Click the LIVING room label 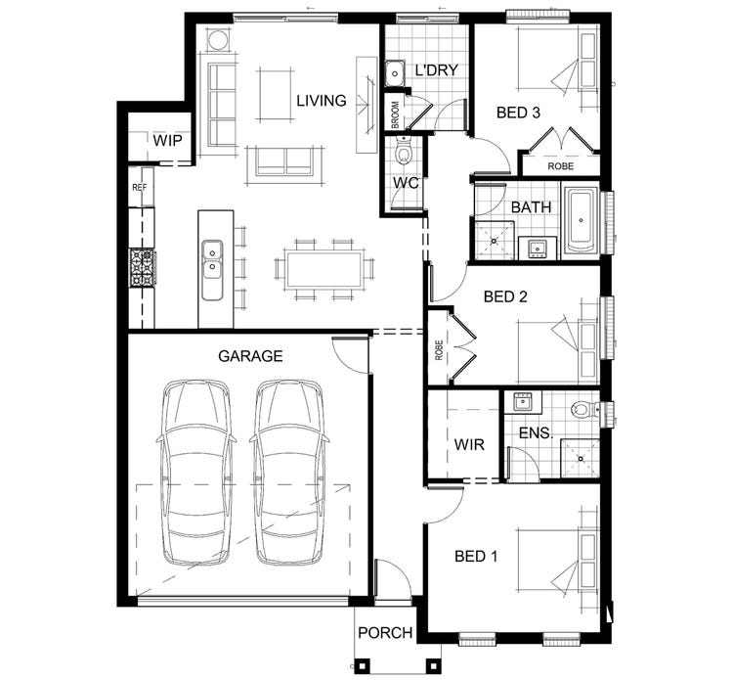click(x=323, y=101)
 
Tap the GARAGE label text click(x=250, y=356)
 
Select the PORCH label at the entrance click(x=384, y=633)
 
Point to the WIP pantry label click(x=166, y=141)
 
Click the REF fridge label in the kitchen click(x=139, y=186)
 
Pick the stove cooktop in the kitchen click(x=142, y=267)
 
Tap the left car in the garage click(x=196, y=471)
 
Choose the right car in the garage click(x=289, y=471)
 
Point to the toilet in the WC click(x=403, y=153)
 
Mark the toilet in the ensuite click(x=584, y=409)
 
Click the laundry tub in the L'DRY click(x=394, y=72)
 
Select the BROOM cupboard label click(x=395, y=114)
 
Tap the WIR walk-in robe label click(x=469, y=445)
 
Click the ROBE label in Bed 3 click(x=560, y=166)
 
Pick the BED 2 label click(x=505, y=296)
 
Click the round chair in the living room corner click(x=216, y=40)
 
